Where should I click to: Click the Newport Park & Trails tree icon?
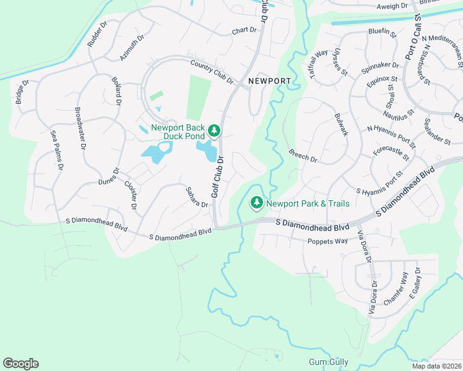pos(256,203)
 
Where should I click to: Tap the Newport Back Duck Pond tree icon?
pos(214,130)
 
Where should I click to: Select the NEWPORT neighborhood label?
pos(269,82)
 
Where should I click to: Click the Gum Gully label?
pos(329,362)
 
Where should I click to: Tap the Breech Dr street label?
pos(303,156)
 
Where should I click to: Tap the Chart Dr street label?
pos(244,30)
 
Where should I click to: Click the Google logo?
pos(20,364)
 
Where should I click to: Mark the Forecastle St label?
pos(391,153)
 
